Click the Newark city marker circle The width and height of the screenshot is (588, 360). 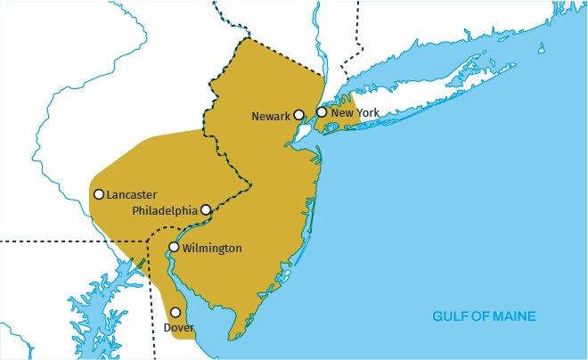tap(299, 114)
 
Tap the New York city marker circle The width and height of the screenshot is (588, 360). tap(322, 112)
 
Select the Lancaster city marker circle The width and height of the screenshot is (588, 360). tap(99, 194)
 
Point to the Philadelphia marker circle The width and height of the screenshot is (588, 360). tap(206, 209)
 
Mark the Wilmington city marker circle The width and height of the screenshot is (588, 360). tap(174, 247)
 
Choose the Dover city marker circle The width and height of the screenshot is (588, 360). tap(176, 312)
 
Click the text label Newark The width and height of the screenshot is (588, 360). tap(271, 117)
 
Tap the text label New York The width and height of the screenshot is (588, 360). tap(355, 113)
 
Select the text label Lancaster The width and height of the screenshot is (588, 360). tap(132, 194)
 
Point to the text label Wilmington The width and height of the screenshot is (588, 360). tap(211, 248)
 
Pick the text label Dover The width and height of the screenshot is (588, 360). tap(179, 328)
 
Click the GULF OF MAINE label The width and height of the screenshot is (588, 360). tap(484, 316)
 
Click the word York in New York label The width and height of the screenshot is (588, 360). tap(367, 113)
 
